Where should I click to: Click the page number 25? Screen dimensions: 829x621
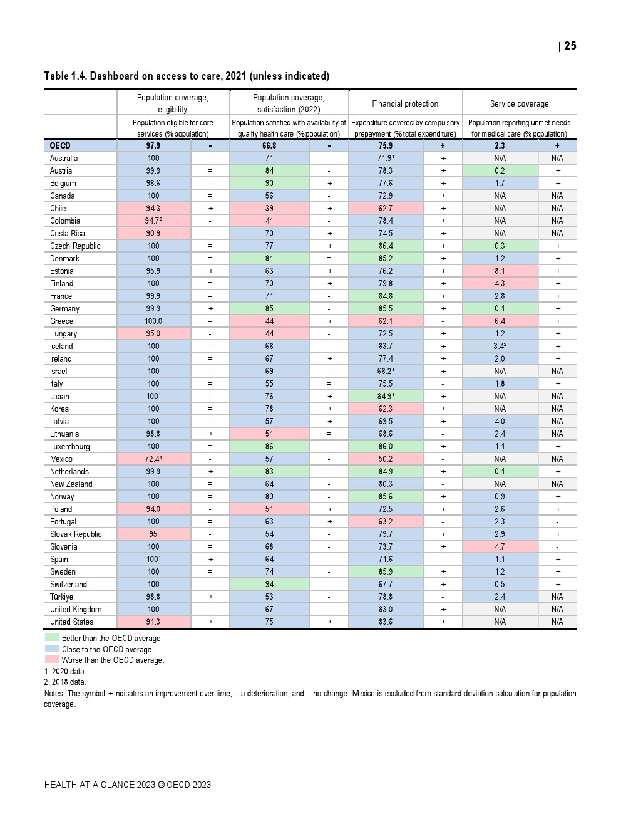pyautogui.click(x=570, y=46)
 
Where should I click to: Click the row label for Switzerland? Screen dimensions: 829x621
pyautogui.click(x=68, y=584)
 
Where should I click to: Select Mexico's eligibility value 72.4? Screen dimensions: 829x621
pyautogui.click(x=153, y=459)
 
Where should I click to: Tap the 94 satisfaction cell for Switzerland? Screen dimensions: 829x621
pyautogui.click(x=269, y=584)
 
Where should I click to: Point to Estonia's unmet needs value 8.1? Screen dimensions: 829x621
pyautogui.click(x=500, y=271)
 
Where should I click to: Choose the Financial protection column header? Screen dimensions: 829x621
pyautogui.click(x=405, y=103)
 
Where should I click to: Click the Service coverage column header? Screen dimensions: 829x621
pyautogui.click(x=519, y=103)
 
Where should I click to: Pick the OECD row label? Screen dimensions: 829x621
pyautogui.click(x=60, y=145)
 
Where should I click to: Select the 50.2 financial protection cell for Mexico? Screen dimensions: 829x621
pyautogui.click(x=386, y=459)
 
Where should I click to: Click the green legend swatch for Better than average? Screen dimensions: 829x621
pyautogui.click(x=52, y=638)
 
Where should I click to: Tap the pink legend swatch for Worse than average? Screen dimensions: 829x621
pyautogui.click(x=52, y=660)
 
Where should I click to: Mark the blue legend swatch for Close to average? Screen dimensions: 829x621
pyautogui.click(x=52, y=649)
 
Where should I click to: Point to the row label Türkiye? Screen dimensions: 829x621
pyautogui.click(x=61, y=597)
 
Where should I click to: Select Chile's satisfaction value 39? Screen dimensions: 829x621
pyautogui.click(x=269, y=208)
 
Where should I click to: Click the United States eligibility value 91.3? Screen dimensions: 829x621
pyautogui.click(x=153, y=622)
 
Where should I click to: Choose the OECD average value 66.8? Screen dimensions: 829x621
pyautogui.click(x=269, y=145)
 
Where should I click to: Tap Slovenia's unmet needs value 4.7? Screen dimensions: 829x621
pyautogui.click(x=500, y=546)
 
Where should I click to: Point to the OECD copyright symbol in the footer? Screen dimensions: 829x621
pyautogui.click(x=161, y=785)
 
